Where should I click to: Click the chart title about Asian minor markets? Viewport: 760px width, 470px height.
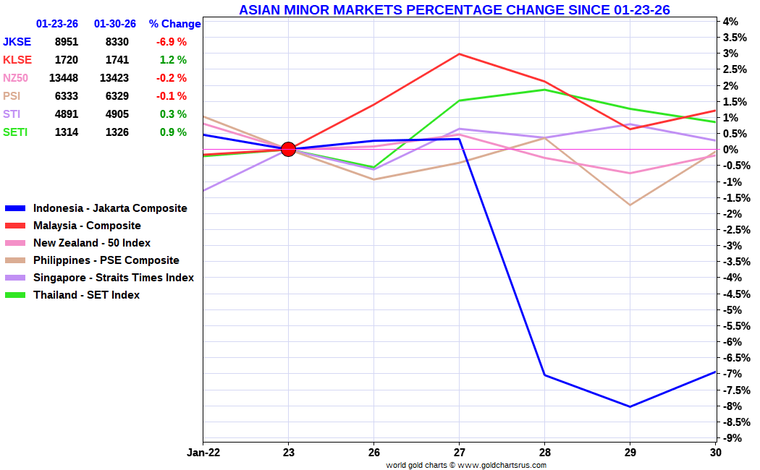[454, 9]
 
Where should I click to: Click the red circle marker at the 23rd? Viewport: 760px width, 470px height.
[288, 150]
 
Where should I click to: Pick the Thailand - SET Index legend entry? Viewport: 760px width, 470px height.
[86, 295]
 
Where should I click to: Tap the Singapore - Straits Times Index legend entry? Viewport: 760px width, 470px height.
[113, 278]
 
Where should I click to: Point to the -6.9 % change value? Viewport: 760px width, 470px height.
[172, 42]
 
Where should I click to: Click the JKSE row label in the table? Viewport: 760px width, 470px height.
[17, 42]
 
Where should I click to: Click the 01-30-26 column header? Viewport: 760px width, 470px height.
[115, 24]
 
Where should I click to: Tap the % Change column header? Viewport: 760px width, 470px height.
[174, 24]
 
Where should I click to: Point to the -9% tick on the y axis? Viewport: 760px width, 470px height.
[729, 438]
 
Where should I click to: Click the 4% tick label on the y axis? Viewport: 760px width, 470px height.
[729, 22]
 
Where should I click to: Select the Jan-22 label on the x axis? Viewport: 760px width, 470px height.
[203, 453]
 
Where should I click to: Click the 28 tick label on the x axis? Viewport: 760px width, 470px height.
[544, 453]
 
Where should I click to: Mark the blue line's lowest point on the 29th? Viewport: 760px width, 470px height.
[630, 406]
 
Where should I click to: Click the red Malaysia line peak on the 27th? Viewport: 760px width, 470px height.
[459, 54]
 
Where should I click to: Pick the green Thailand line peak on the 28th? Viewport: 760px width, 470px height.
[544, 90]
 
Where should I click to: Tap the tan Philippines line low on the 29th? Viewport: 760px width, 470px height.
[630, 205]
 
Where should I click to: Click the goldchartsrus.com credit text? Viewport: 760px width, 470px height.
[466, 465]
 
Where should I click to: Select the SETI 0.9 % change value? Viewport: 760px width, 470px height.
[174, 132]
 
